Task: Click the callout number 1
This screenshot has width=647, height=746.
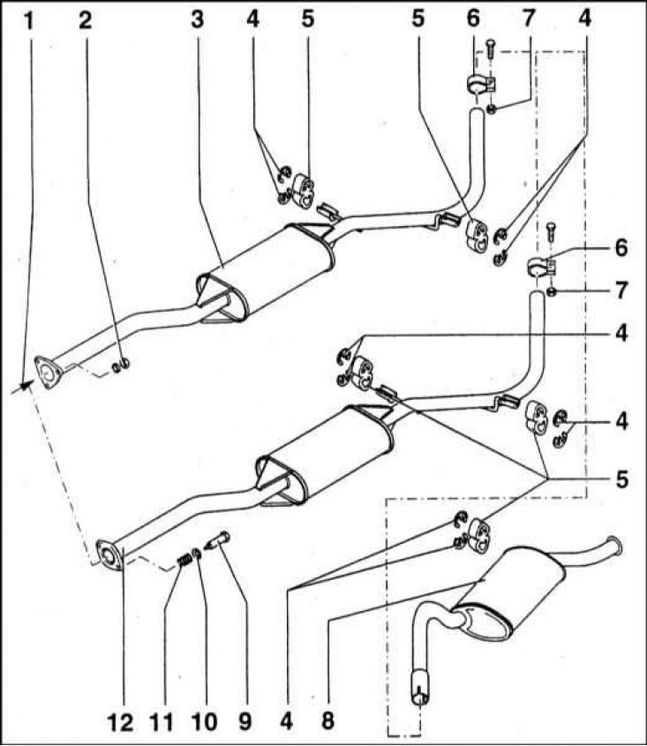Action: click(29, 20)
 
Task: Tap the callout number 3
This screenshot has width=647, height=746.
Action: click(197, 20)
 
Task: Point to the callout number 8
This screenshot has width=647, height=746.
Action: click(327, 721)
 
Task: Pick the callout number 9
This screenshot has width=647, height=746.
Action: click(245, 721)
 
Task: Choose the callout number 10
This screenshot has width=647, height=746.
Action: click(204, 721)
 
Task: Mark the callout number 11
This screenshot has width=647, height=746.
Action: click(162, 721)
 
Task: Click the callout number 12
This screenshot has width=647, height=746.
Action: click(120, 721)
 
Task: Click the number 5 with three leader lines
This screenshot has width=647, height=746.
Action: click(621, 479)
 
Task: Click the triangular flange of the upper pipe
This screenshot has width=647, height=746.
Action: click(48, 372)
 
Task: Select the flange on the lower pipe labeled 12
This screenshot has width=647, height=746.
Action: click(110, 554)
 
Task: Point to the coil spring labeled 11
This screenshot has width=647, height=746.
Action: click(184, 561)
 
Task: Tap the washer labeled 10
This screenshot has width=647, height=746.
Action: click(197, 554)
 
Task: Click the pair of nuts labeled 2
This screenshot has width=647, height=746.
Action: click(120, 365)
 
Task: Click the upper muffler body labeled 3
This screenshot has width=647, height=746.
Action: click(267, 272)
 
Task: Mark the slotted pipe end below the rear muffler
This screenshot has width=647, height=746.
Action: click(419, 686)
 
